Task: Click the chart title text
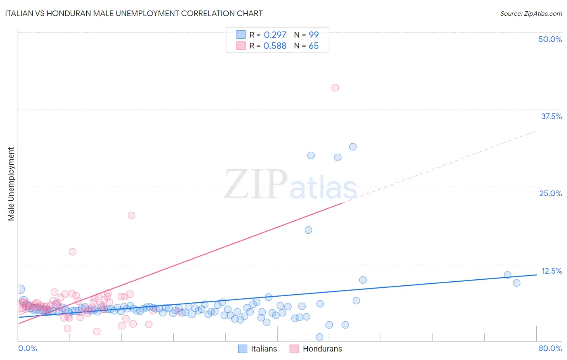pyautogui.click(x=133, y=14)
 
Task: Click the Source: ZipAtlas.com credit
pyautogui.click(x=531, y=14)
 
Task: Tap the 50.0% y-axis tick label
pyautogui.click(x=550, y=39)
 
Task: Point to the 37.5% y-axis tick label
pyautogui.click(x=551, y=116)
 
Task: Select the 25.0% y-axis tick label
pyautogui.click(x=550, y=193)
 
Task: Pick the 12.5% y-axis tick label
pyautogui.click(x=551, y=271)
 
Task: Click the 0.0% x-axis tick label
pyautogui.click(x=27, y=348)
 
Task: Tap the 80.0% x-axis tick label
pyautogui.click(x=550, y=348)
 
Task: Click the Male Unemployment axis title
pyautogui.click(x=11, y=184)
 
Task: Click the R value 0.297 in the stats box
pyautogui.click(x=275, y=35)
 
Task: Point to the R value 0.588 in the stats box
pyautogui.click(x=275, y=46)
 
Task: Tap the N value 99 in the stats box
pyautogui.click(x=313, y=35)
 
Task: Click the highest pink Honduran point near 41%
pyautogui.click(x=335, y=88)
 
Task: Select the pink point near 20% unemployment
pyautogui.click(x=131, y=215)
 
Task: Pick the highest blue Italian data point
pyautogui.click(x=353, y=147)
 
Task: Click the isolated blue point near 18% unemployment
pyautogui.click(x=309, y=230)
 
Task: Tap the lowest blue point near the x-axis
pyautogui.click(x=320, y=337)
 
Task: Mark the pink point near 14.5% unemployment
pyautogui.click(x=73, y=251)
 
